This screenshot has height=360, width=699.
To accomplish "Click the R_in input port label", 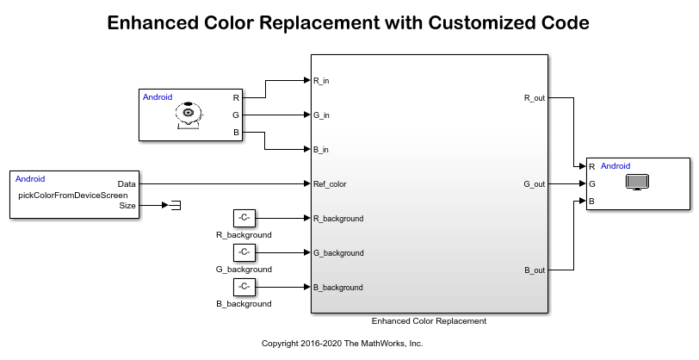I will [x=321, y=81].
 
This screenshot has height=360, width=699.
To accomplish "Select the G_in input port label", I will [x=321, y=115].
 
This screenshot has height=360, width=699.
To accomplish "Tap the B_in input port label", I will [x=321, y=150].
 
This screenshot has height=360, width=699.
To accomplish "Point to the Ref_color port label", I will [x=330, y=184].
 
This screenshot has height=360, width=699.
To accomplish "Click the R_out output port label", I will [x=534, y=98].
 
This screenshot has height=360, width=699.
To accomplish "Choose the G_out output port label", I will [x=534, y=184].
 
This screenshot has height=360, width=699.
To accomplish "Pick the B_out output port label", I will [x=534, y=270].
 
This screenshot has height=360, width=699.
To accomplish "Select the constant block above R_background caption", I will [x=244, y=218].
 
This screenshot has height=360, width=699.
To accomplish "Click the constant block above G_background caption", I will [x=244, y=252].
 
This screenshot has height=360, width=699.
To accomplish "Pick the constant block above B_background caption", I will [x=244, y=287].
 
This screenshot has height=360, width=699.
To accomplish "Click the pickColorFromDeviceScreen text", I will [x=73, y=195].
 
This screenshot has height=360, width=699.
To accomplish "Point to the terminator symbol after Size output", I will [x=175, y=205].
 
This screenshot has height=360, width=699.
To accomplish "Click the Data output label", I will [x=127, y=184].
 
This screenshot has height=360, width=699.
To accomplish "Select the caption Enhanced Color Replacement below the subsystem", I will [x=429, y=320].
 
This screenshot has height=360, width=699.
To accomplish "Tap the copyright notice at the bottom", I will [x=343, y=343].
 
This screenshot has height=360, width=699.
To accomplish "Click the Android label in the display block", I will [x=615, y=166].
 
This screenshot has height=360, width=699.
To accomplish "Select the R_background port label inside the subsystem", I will [x=338, y=219].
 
